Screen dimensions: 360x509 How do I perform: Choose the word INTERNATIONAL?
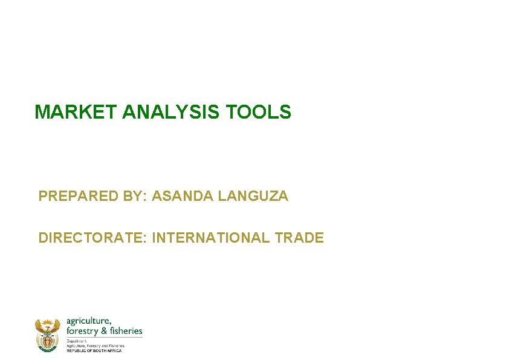pyautogui.click(x=211, y=238)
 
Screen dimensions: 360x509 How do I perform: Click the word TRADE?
pyautogui.click(x=299, y=238)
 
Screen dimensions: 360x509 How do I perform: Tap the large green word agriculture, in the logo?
pyautogui.click(x=88, y=321)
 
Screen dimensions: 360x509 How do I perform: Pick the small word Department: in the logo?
pyautogui.click(x=77, y=341)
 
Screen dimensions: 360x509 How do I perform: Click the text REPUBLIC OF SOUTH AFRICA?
pyautogui.click(x=94, y=350)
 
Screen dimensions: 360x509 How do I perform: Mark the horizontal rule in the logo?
pyautogui.click(x=104, y=337)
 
